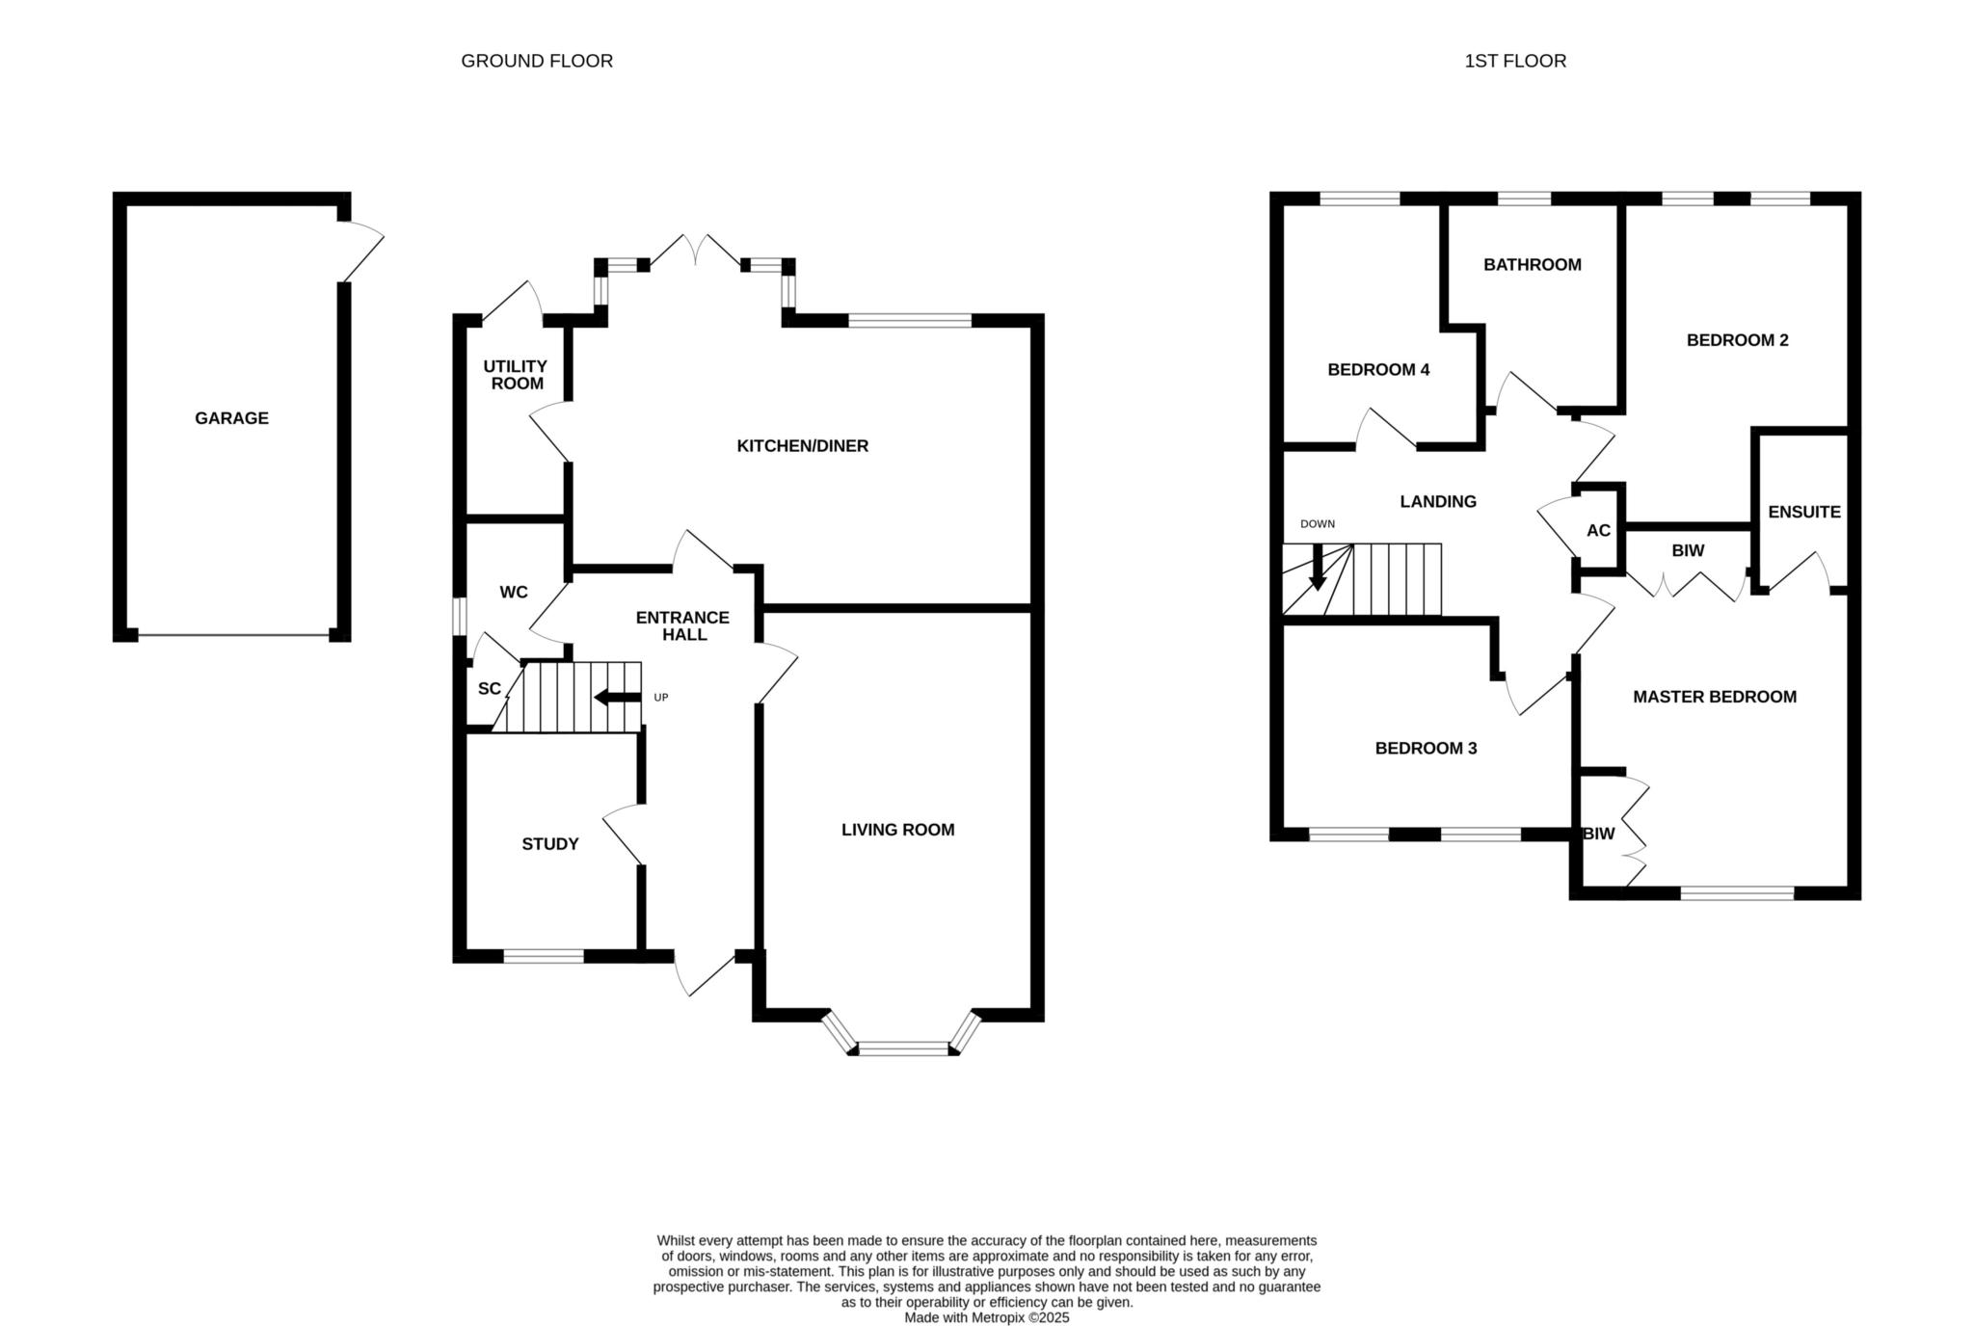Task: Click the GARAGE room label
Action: pos(231,418)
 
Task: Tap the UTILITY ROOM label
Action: pos(515,375)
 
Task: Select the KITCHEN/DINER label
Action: pos(803,446)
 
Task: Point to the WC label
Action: pos(514,592)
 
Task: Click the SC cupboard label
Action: pos(490,689)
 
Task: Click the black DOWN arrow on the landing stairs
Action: pos(1318,568)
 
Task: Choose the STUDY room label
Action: pos(550,844)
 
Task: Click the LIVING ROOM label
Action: pos(898,830)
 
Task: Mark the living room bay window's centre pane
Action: pos(904,1048)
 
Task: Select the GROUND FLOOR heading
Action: pos(537,61)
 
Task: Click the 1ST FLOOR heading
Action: pos(1515,61)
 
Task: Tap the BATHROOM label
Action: pos(1533,265)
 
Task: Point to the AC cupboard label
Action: pos(1598,531)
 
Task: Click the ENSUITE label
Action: pos(1804,513)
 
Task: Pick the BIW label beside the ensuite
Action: pos(1688,551)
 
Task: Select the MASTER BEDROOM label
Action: pos(1715,697)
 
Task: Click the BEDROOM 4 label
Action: pos(1378,370)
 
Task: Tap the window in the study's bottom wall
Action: pos(544,956)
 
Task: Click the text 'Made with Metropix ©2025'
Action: pos(987,1317)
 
